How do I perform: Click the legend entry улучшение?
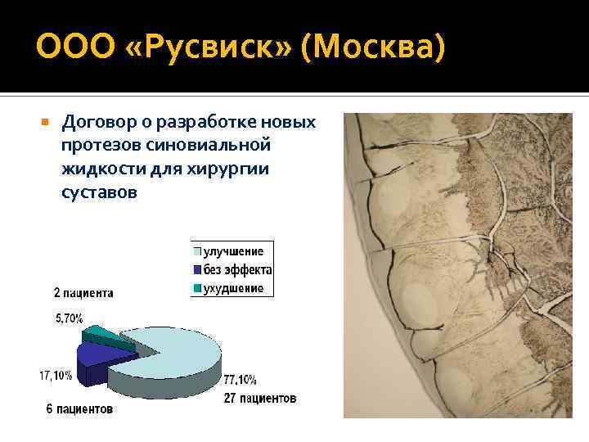coord(233,251)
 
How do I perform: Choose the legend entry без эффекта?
coord(238,269)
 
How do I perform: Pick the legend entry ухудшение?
coord(233,288)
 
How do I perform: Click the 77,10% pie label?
coord(239,380)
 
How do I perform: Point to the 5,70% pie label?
coord(69,318)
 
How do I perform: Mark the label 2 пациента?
coord(83,292)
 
